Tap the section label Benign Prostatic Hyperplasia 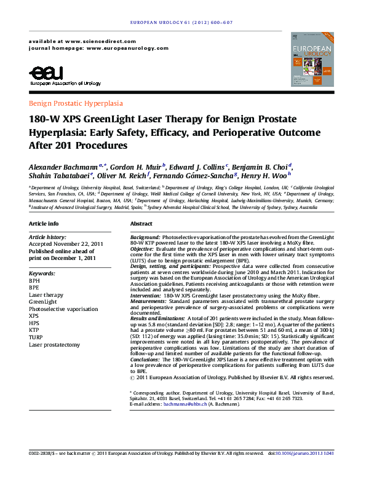(x=76, y=103)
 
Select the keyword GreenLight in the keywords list (x=42, y=302)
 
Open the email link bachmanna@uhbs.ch (x=183, y=406)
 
